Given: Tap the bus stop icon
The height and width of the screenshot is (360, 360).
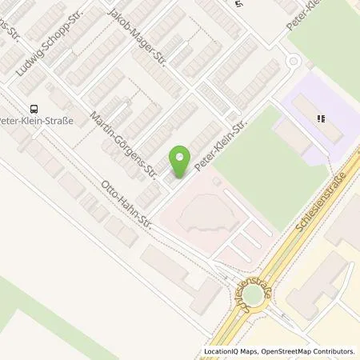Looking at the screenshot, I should point(34,108).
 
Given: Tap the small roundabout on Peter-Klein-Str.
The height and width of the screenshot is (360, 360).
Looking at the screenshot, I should point(293,61).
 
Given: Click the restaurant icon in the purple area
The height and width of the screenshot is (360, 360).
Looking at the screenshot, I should point(321,120).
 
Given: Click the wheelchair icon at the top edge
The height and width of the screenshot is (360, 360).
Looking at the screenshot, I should point(238,4).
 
